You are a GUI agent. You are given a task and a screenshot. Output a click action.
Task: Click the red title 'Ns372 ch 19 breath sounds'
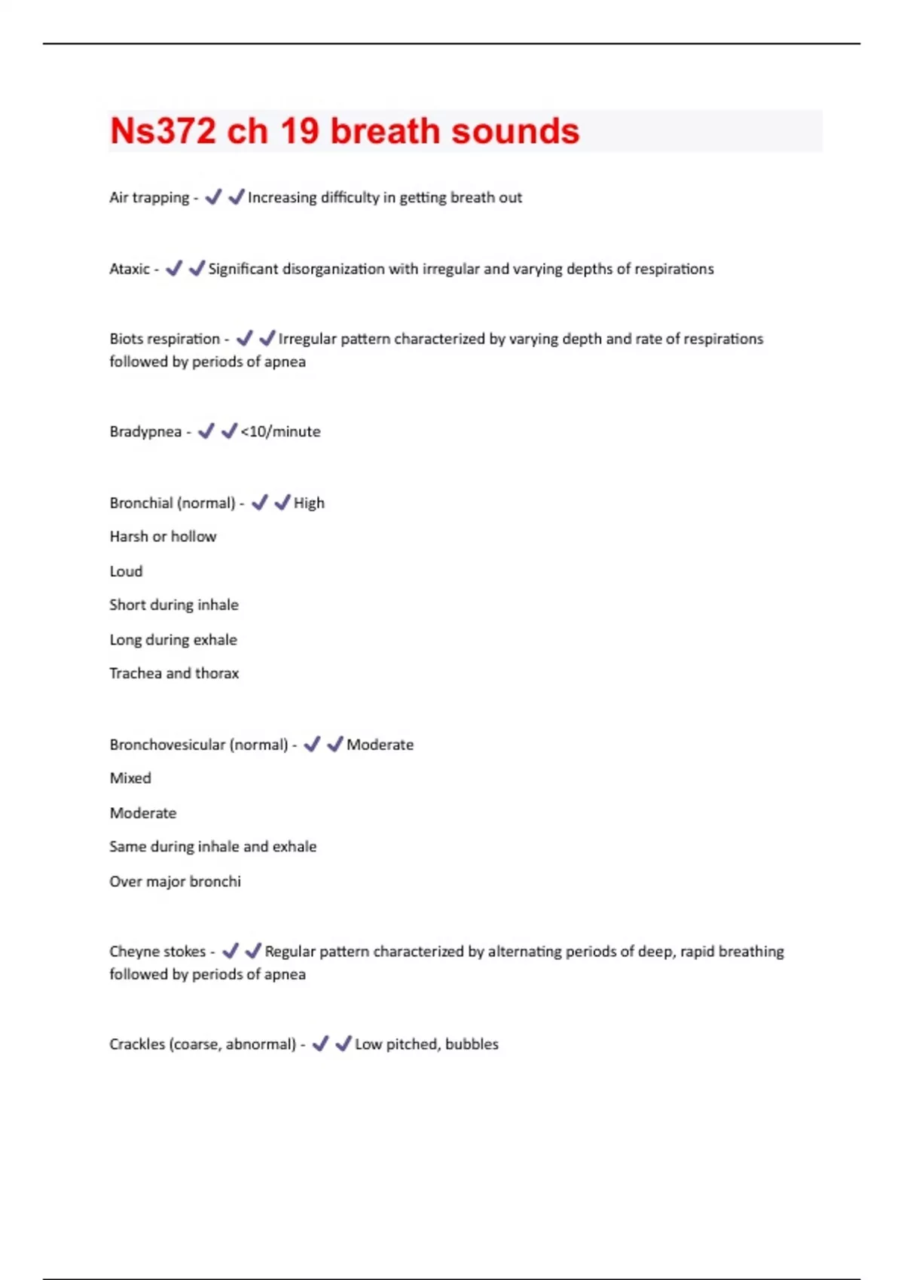tap(344, 131)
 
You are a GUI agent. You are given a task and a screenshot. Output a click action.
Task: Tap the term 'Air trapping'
tap(149, 198)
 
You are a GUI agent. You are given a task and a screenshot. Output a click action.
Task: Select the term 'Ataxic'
tap(130, 269)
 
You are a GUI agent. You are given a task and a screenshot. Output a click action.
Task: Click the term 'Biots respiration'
tap(164, 339)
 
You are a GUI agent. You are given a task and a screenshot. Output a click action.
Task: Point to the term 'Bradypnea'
tap(145, 432)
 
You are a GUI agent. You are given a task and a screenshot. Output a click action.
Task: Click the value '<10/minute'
tap(280, 432)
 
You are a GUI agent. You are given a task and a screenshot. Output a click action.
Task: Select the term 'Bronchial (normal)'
tap(172, 503)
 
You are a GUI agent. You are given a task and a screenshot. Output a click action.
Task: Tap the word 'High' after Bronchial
tap(309, 503)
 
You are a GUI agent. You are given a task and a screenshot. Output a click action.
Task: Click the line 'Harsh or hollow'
tap(163, 537)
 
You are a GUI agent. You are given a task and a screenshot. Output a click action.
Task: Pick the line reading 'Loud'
tap(126, 571)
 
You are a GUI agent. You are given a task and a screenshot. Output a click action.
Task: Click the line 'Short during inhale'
tap(173, 605)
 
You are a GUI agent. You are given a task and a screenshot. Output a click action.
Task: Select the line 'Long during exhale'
tap(173, 640)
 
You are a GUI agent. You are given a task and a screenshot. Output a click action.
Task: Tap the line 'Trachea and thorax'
tap(173, 674)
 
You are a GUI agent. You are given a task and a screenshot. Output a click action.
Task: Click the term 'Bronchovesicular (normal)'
tap(198, 745)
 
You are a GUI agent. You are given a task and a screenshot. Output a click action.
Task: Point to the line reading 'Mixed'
tap(130, 779)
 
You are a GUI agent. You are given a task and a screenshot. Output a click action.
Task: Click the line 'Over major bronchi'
tap(175, 882)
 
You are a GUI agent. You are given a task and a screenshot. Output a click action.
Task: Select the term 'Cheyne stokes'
tap(157, 952)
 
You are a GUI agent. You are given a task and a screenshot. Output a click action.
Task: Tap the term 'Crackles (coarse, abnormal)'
tap(202, 1044)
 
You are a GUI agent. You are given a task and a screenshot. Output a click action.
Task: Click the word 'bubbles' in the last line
tap(472, 1044)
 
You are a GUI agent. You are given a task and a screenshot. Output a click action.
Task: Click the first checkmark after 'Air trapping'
tap(213, 197)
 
